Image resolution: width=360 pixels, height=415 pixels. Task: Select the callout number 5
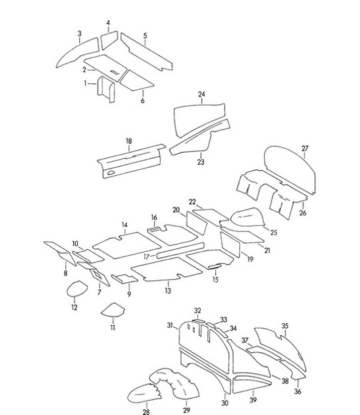point(145,35)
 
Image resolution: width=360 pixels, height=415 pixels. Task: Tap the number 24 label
point(201,94)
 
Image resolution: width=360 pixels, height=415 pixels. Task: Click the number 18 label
point(129,141)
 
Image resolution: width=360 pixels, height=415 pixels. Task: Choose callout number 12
point(74,307)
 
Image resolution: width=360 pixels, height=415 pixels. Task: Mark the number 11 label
point(112,328)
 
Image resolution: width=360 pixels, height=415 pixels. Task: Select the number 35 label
point(285,325)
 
